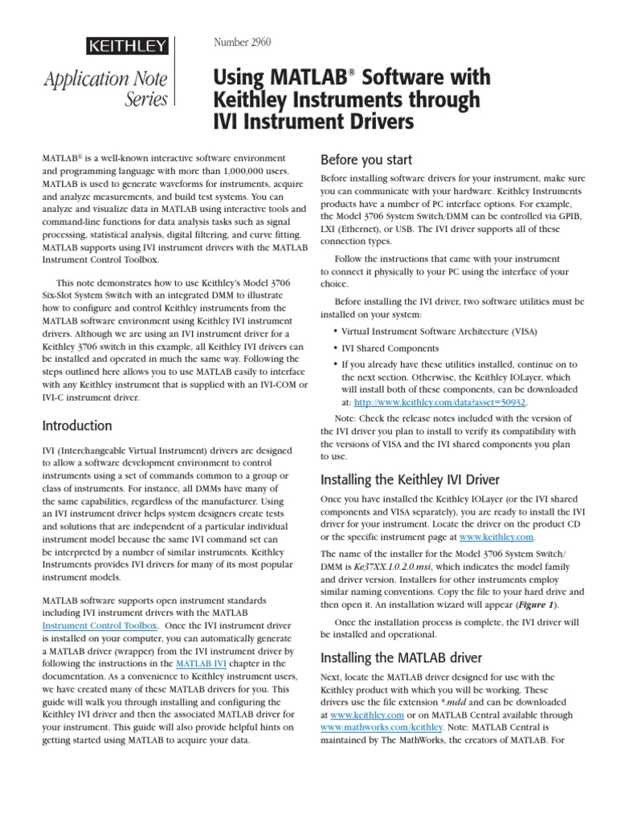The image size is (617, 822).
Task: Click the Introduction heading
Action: (77, 425)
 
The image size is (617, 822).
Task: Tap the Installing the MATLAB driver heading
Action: (402, 657)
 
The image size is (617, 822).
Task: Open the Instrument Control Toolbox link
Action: (100, 625)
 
